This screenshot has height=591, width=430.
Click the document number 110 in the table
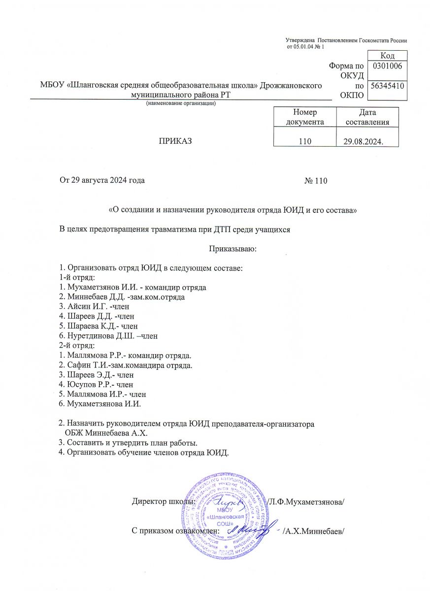305,141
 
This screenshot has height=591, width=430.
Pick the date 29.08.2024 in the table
364,142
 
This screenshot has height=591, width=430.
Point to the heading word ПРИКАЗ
174,141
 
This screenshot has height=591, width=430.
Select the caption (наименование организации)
181,103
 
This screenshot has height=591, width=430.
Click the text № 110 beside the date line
316,181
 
